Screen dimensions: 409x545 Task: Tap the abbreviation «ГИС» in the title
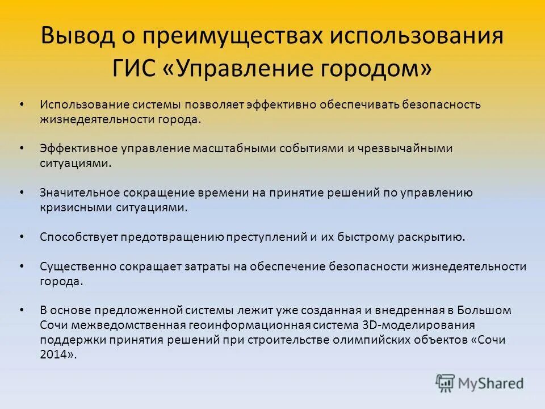(x=135, y=68)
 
